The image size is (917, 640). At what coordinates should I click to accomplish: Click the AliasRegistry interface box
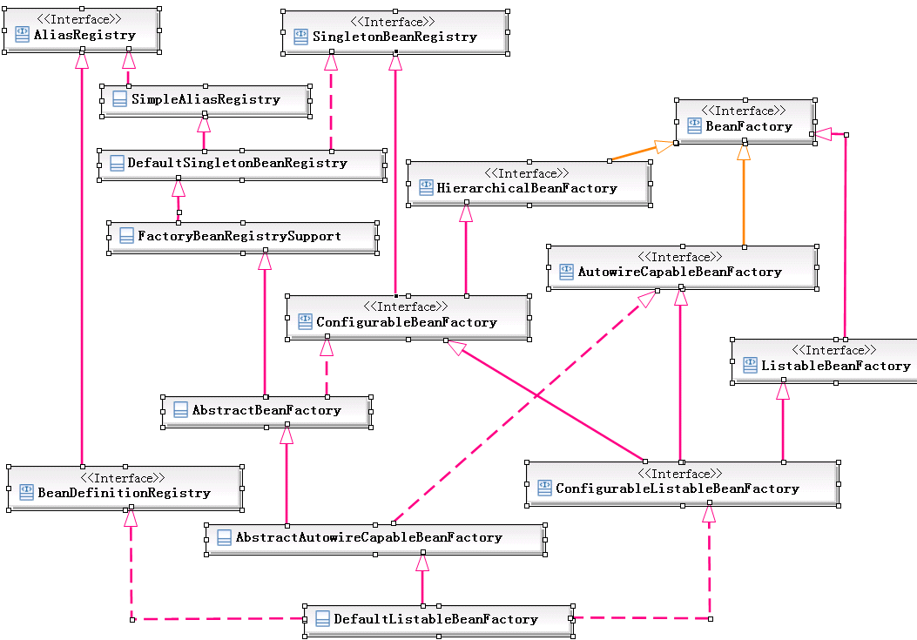(81, 30)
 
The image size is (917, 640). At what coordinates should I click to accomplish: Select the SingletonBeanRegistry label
(394, 37)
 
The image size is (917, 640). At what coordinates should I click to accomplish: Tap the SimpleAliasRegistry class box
(206, 99)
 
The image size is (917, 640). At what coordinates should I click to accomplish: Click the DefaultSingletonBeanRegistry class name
(237, 163)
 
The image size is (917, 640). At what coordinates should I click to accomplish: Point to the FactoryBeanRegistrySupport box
(242, 236)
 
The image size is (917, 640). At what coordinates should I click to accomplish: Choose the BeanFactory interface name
(749, 126)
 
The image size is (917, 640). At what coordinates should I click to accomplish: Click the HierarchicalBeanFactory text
(526, 188)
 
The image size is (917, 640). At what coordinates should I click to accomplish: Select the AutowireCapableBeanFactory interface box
(681, 266)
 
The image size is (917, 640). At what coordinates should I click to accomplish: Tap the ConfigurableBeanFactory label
(406, 322)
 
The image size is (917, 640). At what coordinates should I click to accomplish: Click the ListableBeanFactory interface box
(824, 360)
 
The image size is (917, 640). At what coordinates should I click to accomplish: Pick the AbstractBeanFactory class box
(266, 410)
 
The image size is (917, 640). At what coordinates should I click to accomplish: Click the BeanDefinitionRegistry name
(124, 493)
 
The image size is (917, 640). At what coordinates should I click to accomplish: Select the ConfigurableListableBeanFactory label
(677, 488)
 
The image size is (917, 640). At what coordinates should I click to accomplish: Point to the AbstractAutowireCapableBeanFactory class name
(368, 537)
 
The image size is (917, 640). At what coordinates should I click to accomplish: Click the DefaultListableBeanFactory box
(438, 619)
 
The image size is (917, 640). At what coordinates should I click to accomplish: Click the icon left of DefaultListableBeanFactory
(320, 620)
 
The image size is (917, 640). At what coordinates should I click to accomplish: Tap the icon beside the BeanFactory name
(694, 126)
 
